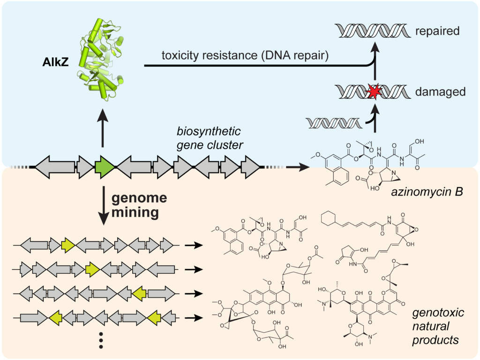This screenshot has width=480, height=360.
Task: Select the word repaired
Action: pos(437,32)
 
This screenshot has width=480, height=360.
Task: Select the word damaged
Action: pos(440,92)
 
